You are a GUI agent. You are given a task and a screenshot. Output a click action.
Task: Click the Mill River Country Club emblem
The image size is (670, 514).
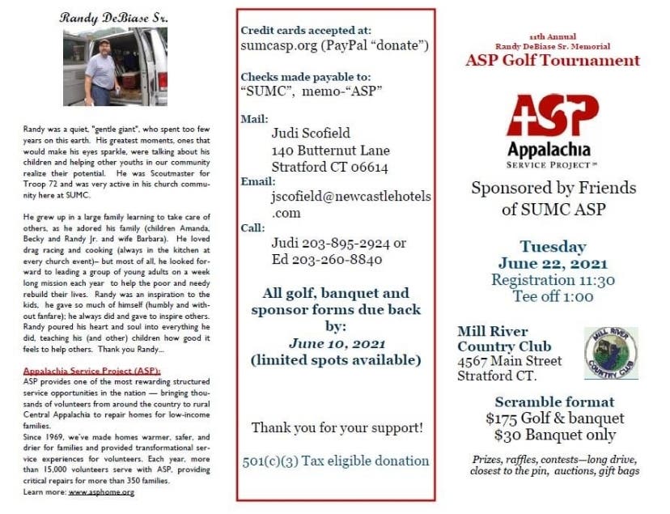pos(611,353)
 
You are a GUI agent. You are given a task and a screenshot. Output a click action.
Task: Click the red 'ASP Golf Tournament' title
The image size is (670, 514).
pos(553,60)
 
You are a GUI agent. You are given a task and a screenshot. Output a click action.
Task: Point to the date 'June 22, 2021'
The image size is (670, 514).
pos(553,264)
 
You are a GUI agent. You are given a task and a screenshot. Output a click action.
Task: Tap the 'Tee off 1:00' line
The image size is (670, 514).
pos(553,296)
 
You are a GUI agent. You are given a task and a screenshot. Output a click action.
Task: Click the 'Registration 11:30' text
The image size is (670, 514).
pos(553,280)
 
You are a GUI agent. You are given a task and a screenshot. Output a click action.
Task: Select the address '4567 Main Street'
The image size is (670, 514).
pos(509,361)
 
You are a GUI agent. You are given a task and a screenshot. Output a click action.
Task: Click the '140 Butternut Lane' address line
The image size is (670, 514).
pos(330,151)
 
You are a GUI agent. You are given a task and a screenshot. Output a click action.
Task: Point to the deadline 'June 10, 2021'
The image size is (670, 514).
pos(335,343)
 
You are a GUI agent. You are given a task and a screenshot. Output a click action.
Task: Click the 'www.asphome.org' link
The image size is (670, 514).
pos(100,491)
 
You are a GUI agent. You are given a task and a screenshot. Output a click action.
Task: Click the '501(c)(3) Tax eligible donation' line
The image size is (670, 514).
pos(336,461)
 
